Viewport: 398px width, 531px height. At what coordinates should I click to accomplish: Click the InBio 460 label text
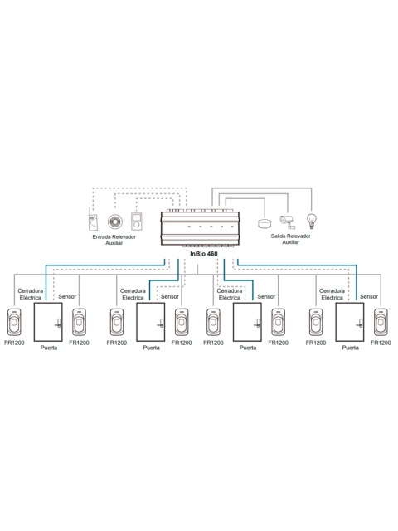click(204, 254)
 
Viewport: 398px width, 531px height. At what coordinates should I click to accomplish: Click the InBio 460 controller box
click(200, 228)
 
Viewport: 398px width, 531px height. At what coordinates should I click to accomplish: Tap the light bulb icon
click(312, 222)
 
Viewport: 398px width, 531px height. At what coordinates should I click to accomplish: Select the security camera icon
click(288, 222)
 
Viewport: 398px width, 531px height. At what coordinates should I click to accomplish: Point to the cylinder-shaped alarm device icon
click(265, 223)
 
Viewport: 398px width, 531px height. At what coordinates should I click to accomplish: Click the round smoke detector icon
click(115, 222)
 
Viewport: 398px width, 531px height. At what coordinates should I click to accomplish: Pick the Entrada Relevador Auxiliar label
click(114, 240)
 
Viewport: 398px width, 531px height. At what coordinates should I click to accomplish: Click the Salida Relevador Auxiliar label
click(291, 239)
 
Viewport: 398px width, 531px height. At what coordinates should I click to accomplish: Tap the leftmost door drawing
click(48, 322)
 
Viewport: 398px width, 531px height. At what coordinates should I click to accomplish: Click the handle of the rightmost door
click(360, 324)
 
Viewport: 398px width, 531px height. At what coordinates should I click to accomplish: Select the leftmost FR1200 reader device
click(14, 322)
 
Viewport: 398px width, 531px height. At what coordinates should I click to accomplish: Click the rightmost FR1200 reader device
click(381, 322)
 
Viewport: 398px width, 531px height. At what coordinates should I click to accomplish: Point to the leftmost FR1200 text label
click(14, 343)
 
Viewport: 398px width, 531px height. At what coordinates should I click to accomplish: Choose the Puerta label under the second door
click(151, 348)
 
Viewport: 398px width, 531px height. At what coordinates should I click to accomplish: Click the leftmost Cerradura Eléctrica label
click(31, 295)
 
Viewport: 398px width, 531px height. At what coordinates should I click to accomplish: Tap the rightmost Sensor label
click(369, 297)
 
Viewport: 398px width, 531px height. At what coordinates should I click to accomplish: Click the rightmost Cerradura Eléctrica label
click(332, 295)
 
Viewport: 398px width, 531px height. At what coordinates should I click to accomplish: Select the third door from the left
click(247, 322)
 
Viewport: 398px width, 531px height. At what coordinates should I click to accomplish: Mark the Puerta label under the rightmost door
click(350, 348)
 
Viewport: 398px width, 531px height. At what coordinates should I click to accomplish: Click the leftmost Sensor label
click(67, 297)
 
